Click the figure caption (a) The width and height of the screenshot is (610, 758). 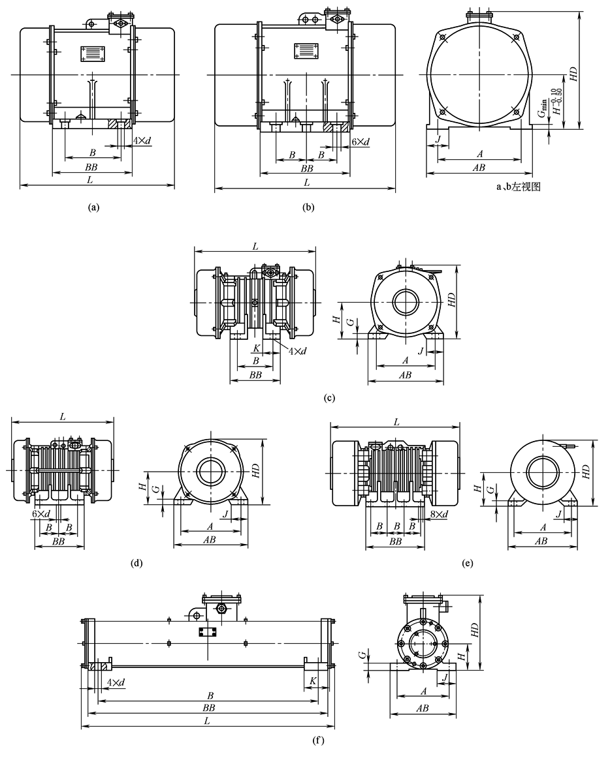pos(93,208)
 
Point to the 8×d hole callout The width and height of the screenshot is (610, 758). pos(439,514)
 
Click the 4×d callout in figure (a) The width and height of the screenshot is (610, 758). pos(142,141)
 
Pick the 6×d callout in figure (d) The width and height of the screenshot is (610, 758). pos(41,514)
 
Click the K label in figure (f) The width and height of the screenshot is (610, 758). pos(313,680)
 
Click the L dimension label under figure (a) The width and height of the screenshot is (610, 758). pos(97,179)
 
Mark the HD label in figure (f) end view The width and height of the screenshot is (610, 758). pos(475,629)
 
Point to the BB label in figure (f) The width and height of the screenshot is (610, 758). pos(209,707)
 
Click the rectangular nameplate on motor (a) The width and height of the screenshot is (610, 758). pos(91,53)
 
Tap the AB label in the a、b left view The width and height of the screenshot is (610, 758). pos(479,168)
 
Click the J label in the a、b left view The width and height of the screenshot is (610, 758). pos(438,138)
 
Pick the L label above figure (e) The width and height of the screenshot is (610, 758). pos(396,422)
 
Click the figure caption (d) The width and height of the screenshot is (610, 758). pos(136,562)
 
